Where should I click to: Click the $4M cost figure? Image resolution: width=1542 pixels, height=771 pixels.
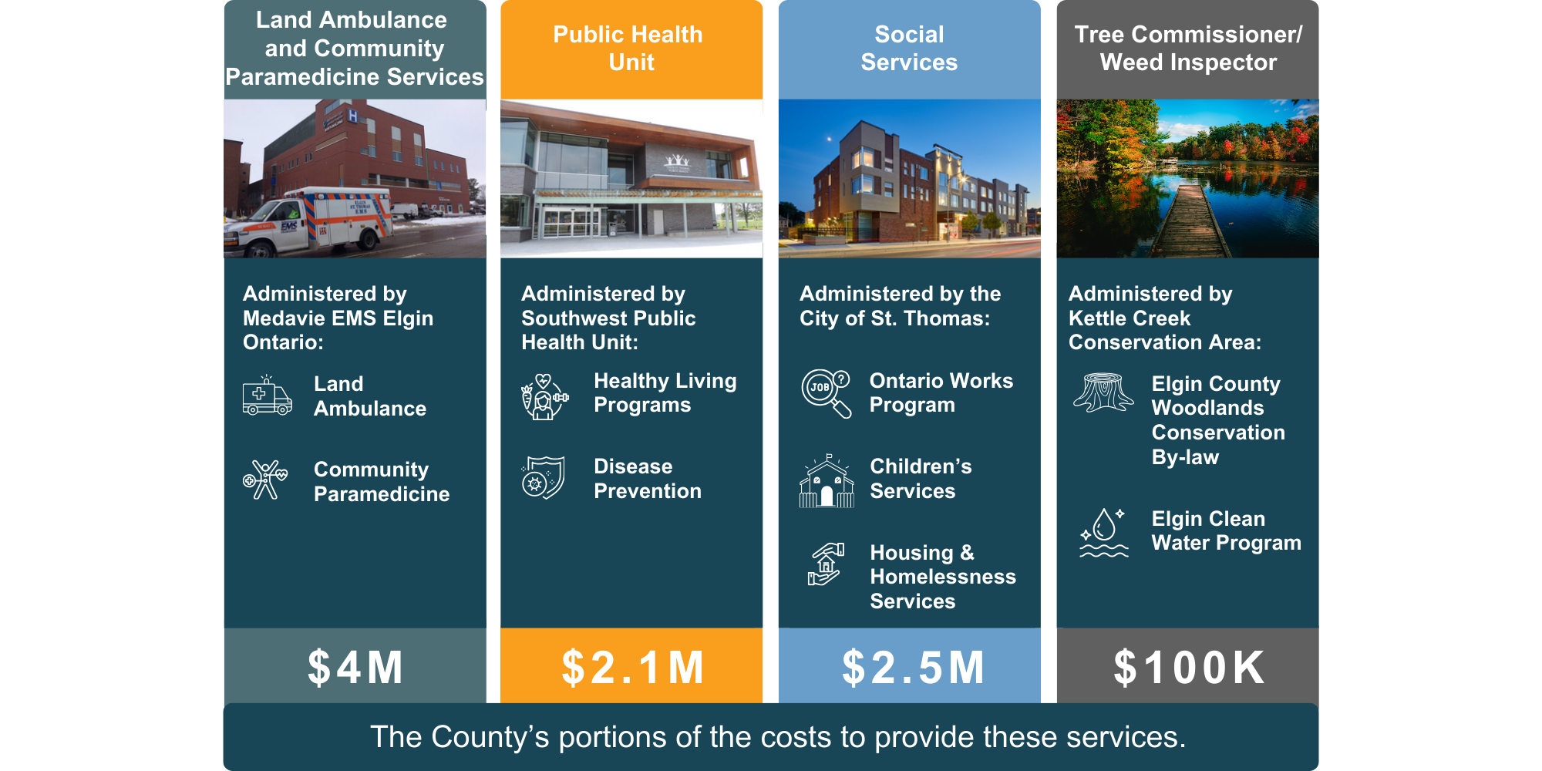click(355, 668)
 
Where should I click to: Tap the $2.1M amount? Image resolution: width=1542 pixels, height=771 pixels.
click(632, 668)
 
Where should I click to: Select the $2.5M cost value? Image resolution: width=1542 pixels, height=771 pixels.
click(913, 668)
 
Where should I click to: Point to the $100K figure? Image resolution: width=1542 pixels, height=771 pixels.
click(1189, 668)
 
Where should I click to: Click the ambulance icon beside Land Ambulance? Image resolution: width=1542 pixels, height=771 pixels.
click(267, 396)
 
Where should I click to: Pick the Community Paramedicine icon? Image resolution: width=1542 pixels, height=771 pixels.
click(265, 480)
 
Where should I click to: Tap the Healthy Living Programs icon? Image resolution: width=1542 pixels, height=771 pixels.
click(544, 396)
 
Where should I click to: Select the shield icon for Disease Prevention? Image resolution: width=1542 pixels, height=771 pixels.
click(543, 477)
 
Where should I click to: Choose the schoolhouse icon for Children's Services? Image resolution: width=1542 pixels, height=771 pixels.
click(827, 480)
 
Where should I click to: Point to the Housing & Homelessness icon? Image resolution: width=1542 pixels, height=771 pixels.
click(826, 564)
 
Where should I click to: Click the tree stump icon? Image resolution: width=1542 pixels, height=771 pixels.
click(1103, 392)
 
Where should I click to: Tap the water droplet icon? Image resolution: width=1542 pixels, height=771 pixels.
click(1104, 532)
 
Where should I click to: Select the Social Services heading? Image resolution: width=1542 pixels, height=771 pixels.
click(909, 48)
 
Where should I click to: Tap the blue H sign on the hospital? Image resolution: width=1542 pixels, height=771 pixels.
click(352, 116)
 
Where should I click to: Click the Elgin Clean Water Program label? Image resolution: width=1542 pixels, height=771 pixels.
click(1226, 530)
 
